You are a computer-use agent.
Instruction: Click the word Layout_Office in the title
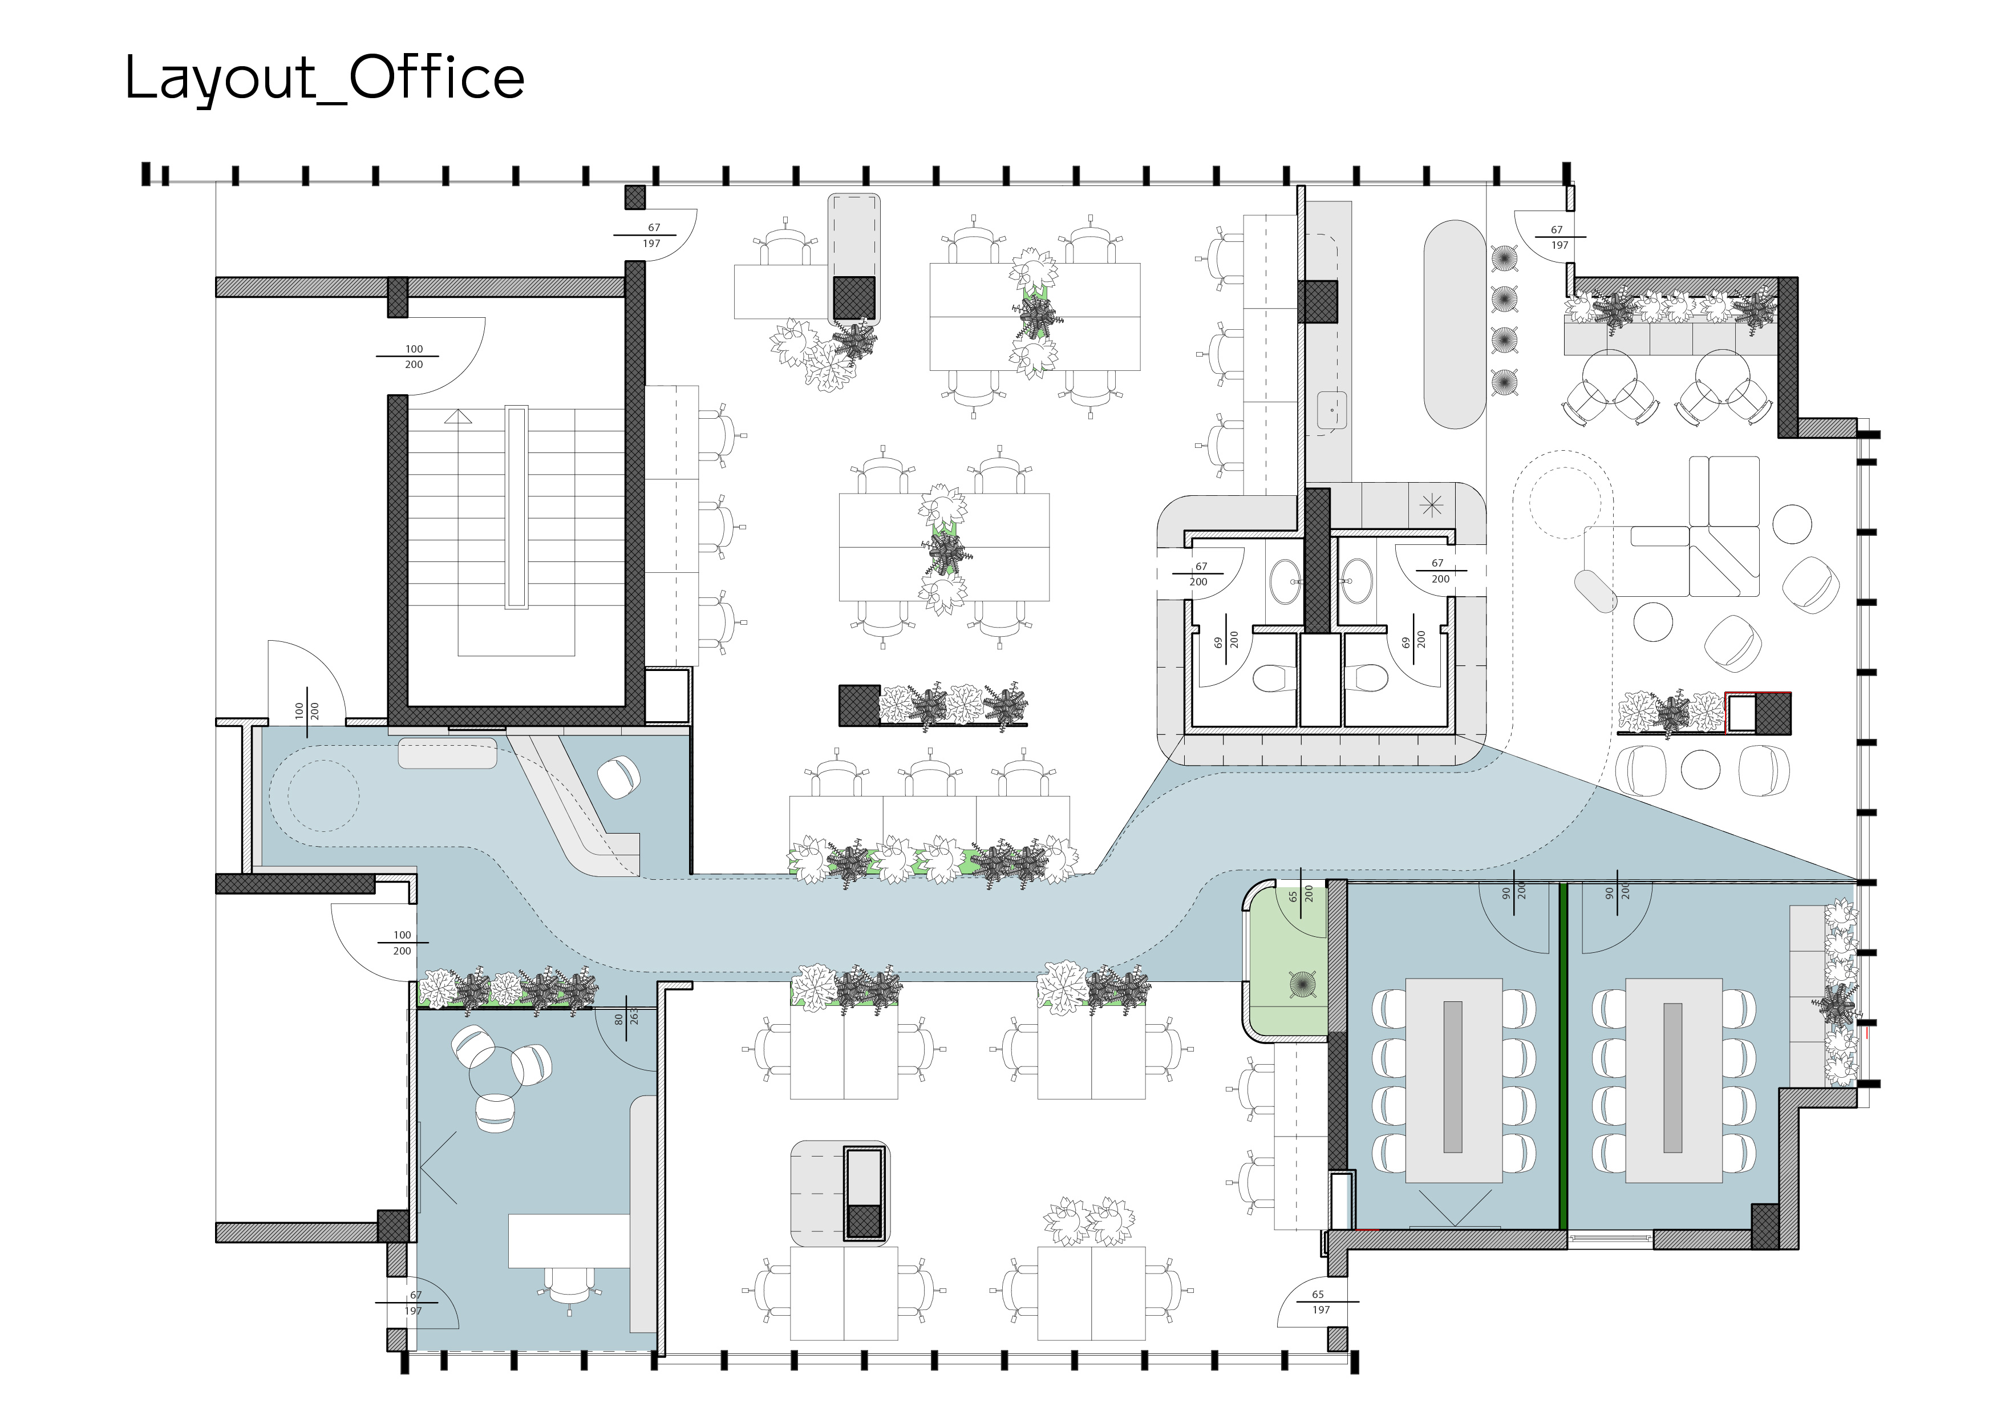[324, 79]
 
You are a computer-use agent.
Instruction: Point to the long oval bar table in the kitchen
[1453, 324]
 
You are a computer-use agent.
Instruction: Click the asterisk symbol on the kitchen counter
[1431, 505]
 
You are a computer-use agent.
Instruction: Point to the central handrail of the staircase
[516, 507]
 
